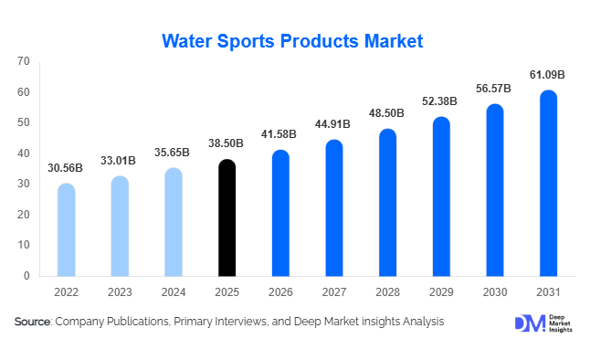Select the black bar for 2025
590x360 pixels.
pyautogui.click(x=227, y=219)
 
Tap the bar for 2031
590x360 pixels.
pyautogui.click(x=548, y=183)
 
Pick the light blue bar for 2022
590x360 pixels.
pyautogui.click(x=66, y=230)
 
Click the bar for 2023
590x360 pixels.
pyautogui.click(x=120, y=227)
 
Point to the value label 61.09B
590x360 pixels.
pyautogui.click(x=548, y=74)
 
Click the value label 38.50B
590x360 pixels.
pyautogui.click(x=227, y=143)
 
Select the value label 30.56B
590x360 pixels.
pyautogui.click(x=67, y=168)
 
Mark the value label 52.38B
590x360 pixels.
pyautogui.click(x=441, y=101)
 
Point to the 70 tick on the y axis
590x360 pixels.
pyautogui.click(x=24, y=61)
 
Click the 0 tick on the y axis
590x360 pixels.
pyautogui.click(x=26, y=276)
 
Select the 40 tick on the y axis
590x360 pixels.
pyautogui.click(x=24, y=154)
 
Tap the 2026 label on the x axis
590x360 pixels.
pyautogui.click(x=280, y=292)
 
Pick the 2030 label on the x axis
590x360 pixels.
pyautogui.click(x=494, y=292)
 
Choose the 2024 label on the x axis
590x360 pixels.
pyautogui.click(x=174, y=292)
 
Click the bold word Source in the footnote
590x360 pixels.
pyautogui.click(x=32, y=322)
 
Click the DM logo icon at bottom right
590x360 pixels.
pyautogui.click(x=529, y=324)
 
